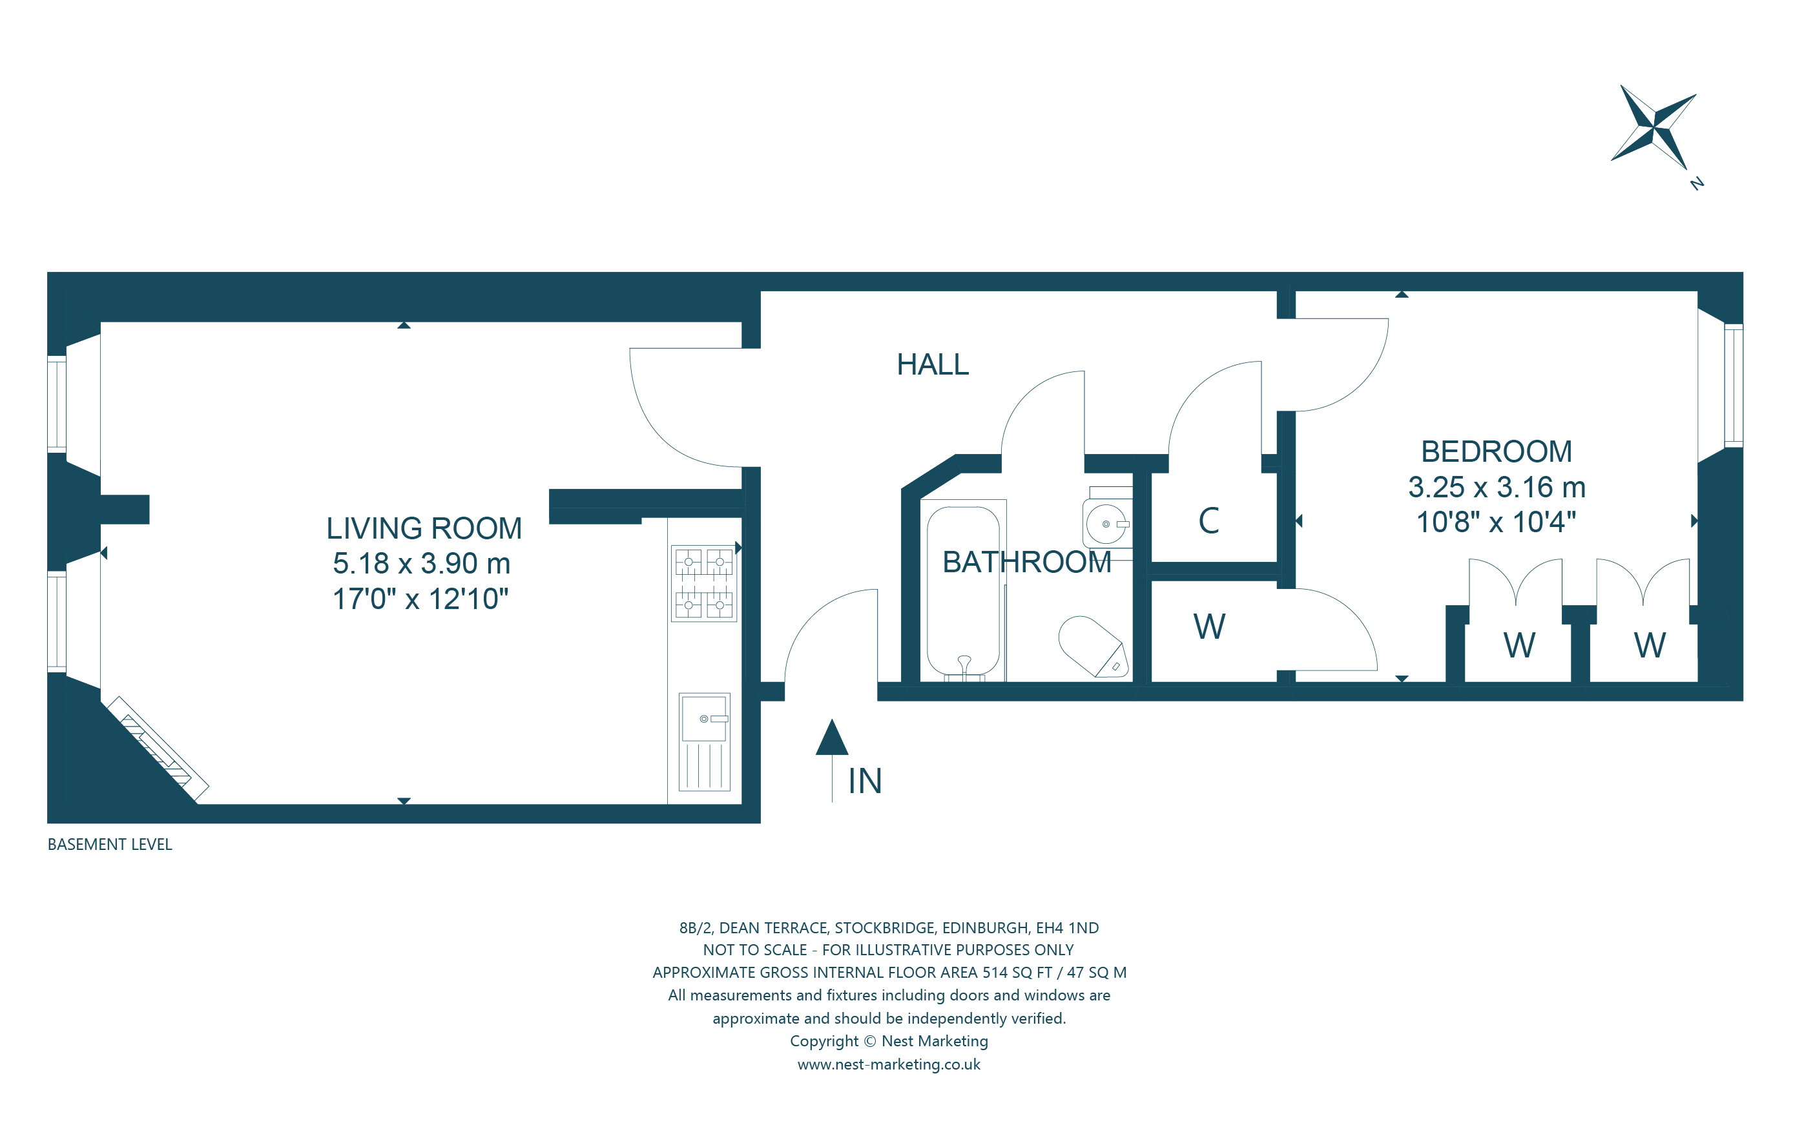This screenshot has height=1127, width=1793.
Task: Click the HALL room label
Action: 932,365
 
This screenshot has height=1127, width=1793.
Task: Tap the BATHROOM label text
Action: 1026,562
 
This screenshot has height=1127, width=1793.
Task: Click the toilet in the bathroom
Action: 1093,645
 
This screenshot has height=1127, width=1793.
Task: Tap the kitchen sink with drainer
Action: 703,741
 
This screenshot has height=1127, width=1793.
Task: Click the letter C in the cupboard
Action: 1208,521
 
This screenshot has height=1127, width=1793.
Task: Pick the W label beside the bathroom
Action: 1208,626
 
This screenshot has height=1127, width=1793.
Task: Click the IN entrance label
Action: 864,781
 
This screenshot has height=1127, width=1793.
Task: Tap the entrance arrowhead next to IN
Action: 832,738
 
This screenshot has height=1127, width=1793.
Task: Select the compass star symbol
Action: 1653,128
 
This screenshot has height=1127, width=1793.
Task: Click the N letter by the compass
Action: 1697,183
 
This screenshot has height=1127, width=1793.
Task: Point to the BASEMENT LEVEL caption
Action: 109,845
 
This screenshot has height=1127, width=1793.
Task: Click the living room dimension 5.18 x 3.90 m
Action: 421,563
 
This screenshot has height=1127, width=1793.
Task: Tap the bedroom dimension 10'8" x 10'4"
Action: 1495,522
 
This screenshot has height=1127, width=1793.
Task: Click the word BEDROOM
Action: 1496,452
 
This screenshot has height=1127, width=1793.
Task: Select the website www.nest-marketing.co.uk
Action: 888,1064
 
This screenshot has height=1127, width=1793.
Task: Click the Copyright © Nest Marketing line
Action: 888,1041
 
